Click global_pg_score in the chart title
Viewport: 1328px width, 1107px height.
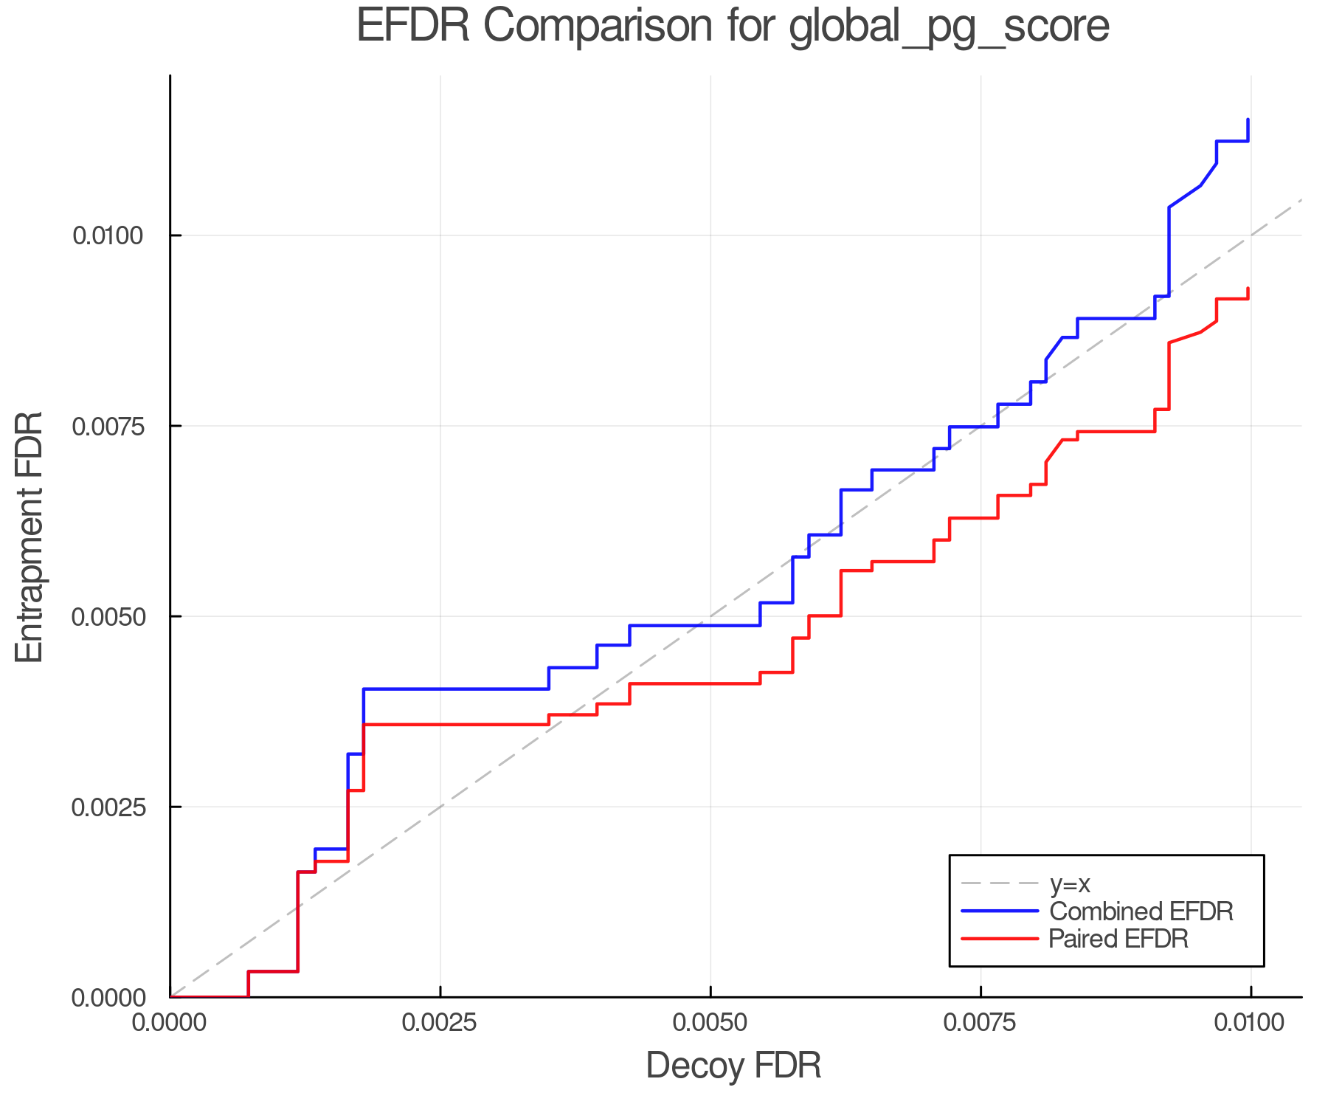[x=949, y=27]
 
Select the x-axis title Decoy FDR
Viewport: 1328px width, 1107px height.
[x=733, y=1066]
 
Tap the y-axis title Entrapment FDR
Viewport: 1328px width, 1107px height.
[x=30, y=537]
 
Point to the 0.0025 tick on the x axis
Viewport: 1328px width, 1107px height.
[x=440, y=1023]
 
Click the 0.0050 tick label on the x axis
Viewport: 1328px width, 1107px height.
[x=710, y=1023]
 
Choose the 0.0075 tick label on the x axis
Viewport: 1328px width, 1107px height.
[x=981, y=1023]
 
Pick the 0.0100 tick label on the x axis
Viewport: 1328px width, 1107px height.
[x=1251, y=1023]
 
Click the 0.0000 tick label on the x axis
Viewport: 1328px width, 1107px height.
[x=170, y=1023]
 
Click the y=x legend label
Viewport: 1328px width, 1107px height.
[x=1070, y=883]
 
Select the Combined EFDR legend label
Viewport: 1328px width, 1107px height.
[x=1141, y=911]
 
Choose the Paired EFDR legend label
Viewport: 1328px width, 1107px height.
[x=1118, y=939]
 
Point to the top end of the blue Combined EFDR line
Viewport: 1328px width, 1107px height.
[x=1248, y=120]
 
